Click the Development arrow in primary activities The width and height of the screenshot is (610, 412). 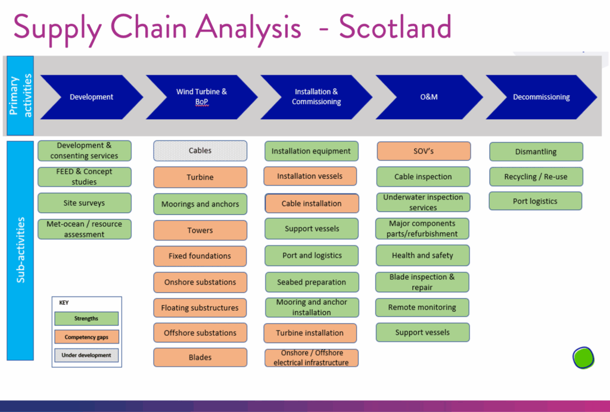(x=91, y=97)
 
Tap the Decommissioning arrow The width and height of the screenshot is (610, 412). (x=541, y=97)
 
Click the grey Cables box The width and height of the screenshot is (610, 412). (x=200, y=151)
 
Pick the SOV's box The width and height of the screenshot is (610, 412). (x=424, y=151)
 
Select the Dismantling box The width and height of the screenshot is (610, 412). (x=536, y=152)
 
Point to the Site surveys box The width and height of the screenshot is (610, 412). (x=85, y=203)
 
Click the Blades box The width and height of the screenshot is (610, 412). (x=200, y=357)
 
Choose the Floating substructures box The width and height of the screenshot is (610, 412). (x=200, y=308)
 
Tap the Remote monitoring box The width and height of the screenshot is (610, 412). (x=422, y=307)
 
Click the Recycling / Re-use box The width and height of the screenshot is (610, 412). (x=536, y=177)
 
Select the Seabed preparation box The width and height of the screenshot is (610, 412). (x=312, y=282)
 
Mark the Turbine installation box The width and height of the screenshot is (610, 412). (x=310, y=333)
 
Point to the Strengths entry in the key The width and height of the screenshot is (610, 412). (x=86, y=319)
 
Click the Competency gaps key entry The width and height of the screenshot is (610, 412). (x=86, y=337)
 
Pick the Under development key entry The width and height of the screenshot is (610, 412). (x=86, y=355)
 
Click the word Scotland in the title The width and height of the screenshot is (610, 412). (x=396, y=26)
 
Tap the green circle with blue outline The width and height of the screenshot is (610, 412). (x=583, y=358)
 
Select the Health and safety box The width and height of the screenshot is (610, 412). (x=422, y=255)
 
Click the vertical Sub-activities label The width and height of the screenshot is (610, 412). (x=20, y=250)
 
